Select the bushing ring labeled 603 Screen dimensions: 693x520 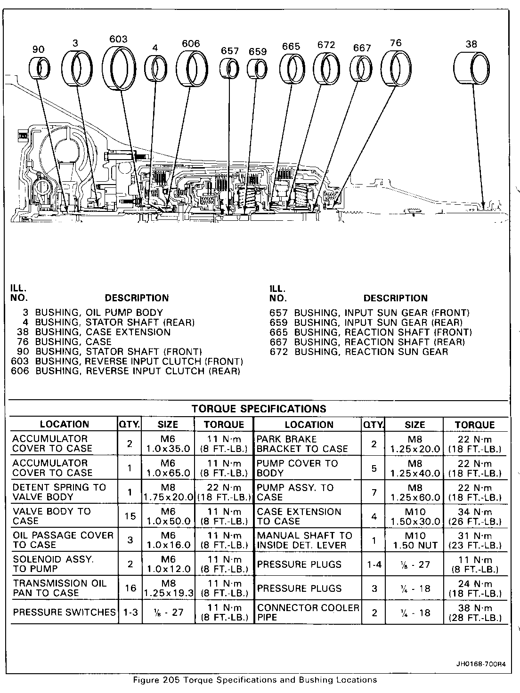coord(119,68)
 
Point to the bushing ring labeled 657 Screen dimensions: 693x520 coord(229,69)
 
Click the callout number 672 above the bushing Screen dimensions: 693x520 coord(326,45)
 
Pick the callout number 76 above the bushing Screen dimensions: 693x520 coord(396,43)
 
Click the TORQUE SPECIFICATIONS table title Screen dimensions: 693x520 coord(259,409)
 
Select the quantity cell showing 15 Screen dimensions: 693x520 coord(130,516)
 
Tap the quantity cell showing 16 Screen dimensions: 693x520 coord(130,588)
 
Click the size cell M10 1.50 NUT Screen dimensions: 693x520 coord(414,540)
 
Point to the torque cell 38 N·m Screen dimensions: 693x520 coord(475,612)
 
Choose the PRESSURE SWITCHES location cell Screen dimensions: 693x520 coord(64,612)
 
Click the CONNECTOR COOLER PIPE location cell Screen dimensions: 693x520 coord(308,612)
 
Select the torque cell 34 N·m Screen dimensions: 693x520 coord(475,516)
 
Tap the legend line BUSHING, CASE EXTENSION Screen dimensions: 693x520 coord(103,332)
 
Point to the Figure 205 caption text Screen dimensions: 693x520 coord(255,680)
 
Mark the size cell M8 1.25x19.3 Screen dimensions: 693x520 coord(168,588)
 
